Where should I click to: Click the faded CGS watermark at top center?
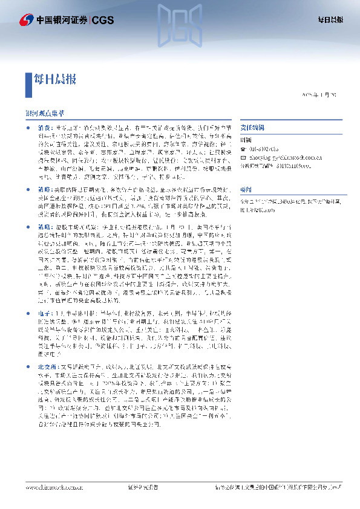(180, 24)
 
